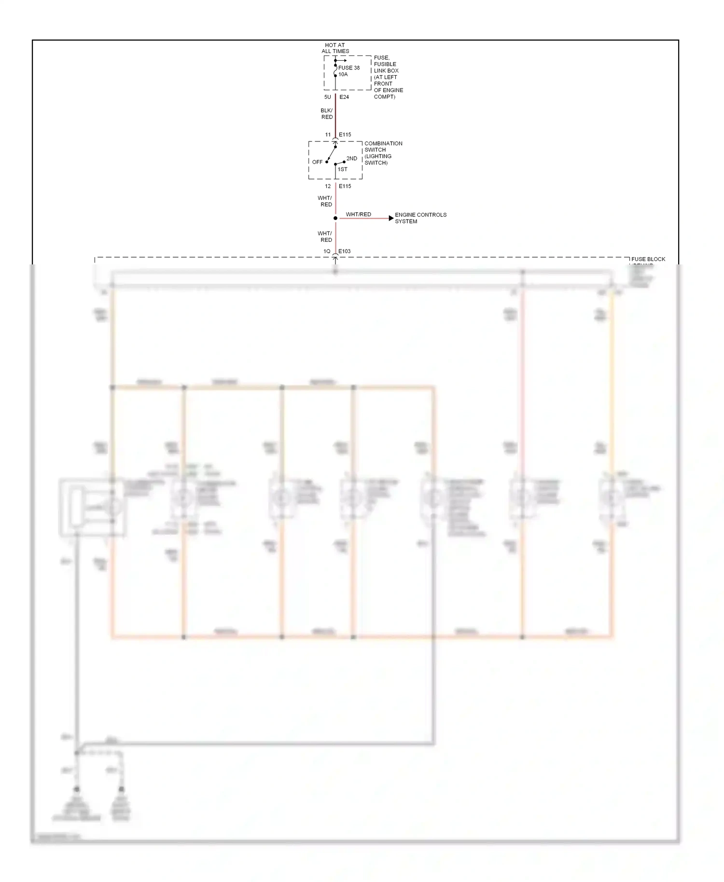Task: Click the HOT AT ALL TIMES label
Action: click(335, 48)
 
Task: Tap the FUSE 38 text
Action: click(348, 68)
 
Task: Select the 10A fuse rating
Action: click(343, 74)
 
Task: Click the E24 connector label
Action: click(344, 97)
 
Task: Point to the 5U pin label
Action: click(327, 97)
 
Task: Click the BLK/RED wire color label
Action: click(327, 114)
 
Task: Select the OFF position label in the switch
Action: click(317, 162)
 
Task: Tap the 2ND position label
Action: click(352, 158)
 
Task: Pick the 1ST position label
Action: click(342, 169)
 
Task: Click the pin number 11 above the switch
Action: click(328, 135)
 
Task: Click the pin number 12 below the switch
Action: click(328, 186)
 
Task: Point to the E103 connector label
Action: click(344, 251)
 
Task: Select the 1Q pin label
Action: click(327, 251)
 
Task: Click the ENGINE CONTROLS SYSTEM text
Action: click(420, 218)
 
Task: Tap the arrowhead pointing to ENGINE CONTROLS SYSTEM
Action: click(391, 218)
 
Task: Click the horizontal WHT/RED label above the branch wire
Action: click(358, 214)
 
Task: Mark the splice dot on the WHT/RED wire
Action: click(335, 218)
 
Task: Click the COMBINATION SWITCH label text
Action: click(383, 153)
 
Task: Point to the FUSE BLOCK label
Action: click(648, 259)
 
